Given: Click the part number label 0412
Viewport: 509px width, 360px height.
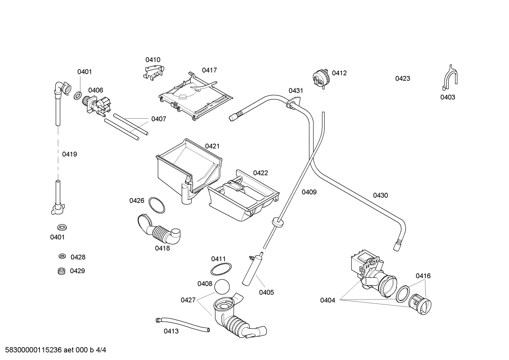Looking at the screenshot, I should tap(339, 73).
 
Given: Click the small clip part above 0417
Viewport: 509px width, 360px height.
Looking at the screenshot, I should tap(153, 72).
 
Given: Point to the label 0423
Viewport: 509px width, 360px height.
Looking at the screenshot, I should tap(402, 78).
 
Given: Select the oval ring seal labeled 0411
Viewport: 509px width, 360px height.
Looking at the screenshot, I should tap(221, 269).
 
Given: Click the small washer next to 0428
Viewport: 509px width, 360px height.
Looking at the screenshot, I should tap(62, 256).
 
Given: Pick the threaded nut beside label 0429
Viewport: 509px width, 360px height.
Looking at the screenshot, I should tap(62, 271).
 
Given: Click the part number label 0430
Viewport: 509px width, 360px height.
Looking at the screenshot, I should tap(380, 195).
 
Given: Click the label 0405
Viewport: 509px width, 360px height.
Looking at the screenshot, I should tap(266, 292).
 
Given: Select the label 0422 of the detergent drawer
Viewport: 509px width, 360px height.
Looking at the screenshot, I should tap(260, 173).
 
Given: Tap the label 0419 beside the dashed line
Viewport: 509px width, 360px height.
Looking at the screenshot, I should tap(70, 154).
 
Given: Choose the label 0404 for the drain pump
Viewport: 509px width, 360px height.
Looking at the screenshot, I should tap(327, 300).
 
